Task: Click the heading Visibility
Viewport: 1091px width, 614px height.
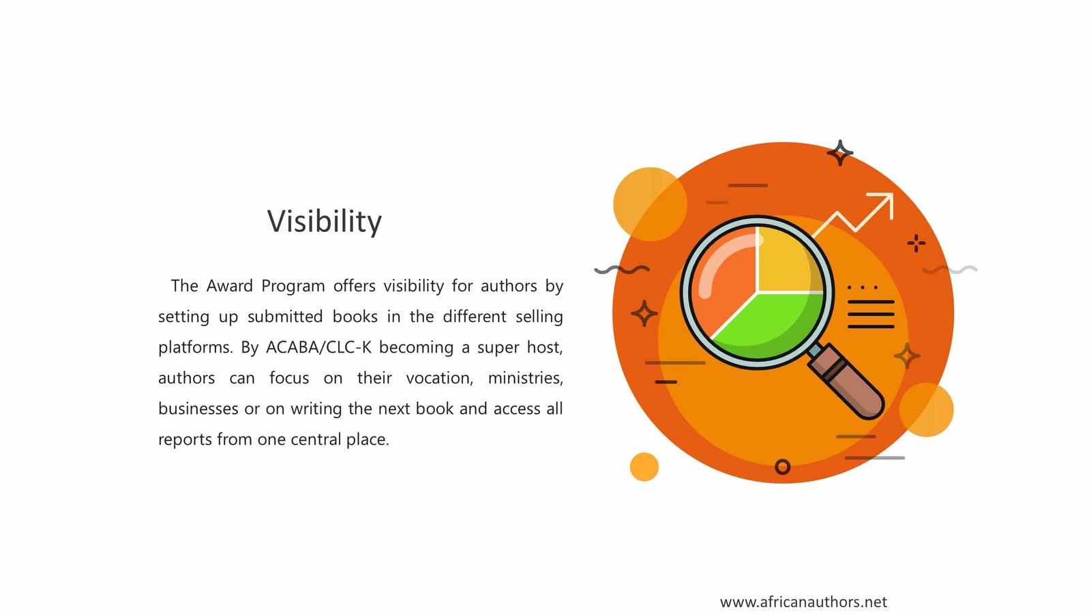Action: pos(325,222)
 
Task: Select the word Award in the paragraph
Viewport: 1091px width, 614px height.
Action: pos(229,286)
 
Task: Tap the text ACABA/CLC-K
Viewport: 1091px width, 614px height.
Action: pos(318,347)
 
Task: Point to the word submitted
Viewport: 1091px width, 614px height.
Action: pos(285,317)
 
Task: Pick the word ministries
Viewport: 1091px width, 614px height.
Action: pos(526,378)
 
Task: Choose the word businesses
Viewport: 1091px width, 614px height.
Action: pos(198,409)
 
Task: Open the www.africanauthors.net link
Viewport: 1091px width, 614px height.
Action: pos(804,602)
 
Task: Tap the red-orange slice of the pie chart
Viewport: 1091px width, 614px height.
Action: pos(726,282)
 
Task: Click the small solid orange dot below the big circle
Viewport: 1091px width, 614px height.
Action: pos(644,467)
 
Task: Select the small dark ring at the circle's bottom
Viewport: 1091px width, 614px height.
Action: pos(782,467)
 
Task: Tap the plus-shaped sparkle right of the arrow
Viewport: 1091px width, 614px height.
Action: pos(916,243)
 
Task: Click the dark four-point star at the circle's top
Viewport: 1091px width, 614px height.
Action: pos(839,153)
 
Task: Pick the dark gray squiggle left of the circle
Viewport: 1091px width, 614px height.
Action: pos(622,269)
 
